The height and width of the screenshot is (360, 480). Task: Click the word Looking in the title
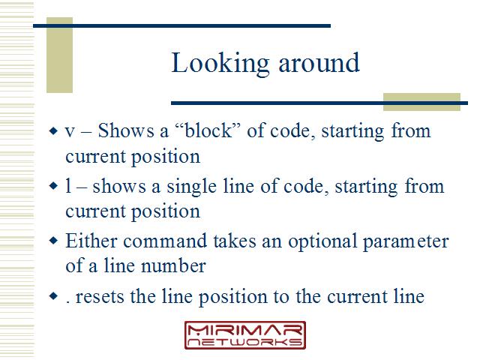pos(220,63)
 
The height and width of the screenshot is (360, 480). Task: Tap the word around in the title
pos(319,63)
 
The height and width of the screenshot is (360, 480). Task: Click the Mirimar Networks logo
pos(245,335)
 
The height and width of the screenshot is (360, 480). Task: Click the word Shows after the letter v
pos(126,130)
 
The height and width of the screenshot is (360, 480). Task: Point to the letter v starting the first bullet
pos(70,132)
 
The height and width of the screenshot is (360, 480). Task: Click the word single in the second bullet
pos(191,187)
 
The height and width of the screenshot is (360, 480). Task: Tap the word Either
pos(91,241)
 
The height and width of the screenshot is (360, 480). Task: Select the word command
pos(165,241)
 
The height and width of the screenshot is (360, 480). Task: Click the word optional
pos(322,241)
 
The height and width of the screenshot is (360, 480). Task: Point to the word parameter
pos(406,241)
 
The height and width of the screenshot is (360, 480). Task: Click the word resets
pos(100,297)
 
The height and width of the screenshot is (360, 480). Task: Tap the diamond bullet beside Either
pos(53,241)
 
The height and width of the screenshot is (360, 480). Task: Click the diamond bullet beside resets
pos(53,295)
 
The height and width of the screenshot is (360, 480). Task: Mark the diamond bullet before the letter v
pos(53,131)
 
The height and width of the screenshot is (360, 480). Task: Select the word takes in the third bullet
pos(235,241)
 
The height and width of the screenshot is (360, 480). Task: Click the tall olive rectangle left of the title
pos(59,55)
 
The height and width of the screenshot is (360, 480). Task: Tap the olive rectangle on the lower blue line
pos(421,102)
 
